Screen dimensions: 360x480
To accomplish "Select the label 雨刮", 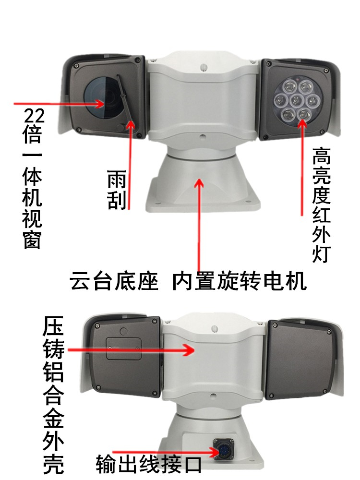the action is (x=117, y=190).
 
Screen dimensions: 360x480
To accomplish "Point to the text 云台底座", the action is (x=114, y=281).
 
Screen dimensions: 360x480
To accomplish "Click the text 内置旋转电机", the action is (x=240, y=281).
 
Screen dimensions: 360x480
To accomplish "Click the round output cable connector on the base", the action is (x=223, y=449).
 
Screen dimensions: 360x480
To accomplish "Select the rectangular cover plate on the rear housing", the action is (x=124, y=348).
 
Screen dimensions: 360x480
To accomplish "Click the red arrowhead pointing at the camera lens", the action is (x=98, y=104).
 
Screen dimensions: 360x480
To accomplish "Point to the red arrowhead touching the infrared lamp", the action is (x=302, y=123).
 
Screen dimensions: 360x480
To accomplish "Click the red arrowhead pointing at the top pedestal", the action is (x=199, y=184).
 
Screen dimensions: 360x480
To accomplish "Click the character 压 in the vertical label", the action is (x=53, y=326).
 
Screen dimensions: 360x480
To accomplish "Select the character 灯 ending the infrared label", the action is (x=321, y=254).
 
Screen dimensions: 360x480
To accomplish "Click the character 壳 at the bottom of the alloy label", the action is (x=53, y=464).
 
